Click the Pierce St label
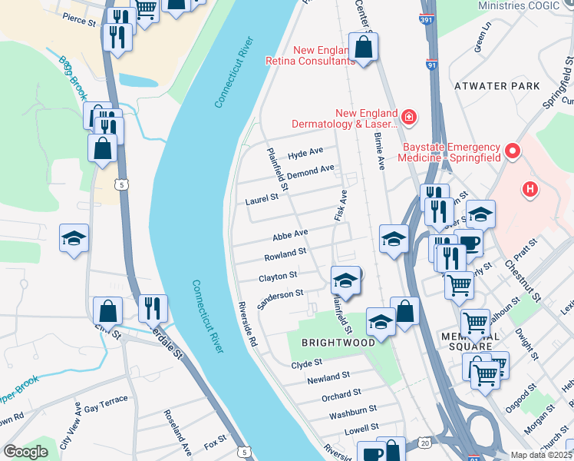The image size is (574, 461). (80, 18)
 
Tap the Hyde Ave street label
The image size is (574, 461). (305, 154)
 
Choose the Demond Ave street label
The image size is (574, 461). (311, 170)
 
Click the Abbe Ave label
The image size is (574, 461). (291, 233)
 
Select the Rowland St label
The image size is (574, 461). (285, 252)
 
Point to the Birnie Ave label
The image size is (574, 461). (378, 149)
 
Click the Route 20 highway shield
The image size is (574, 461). (424, 443)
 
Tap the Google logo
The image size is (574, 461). (25, 452)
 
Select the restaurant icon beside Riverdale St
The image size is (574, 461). (152, 309)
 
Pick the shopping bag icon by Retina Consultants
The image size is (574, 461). (363, 48)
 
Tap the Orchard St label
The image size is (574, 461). (341, 395)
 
